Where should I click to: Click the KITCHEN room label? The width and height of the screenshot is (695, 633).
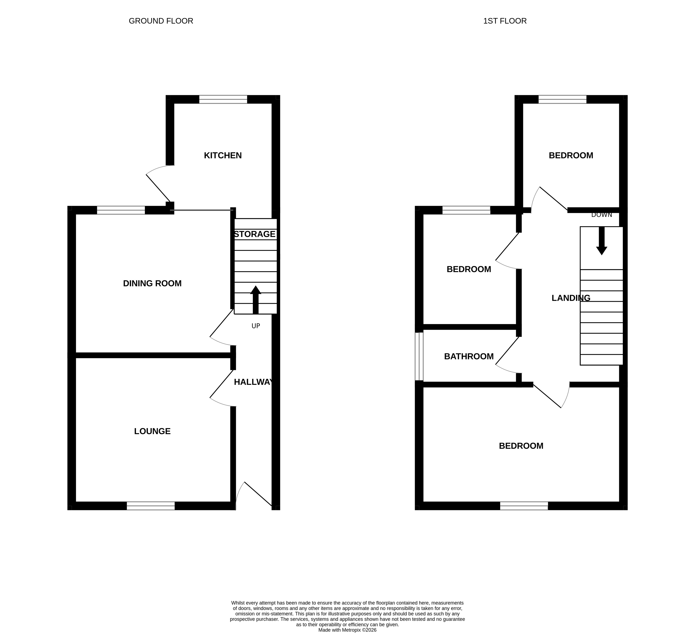click(223, 155)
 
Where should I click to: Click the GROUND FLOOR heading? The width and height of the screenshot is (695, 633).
click(161, 21)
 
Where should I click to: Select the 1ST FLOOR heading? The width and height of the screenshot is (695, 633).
click(505, 21)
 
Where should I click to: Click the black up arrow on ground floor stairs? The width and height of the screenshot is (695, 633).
click(255, 300)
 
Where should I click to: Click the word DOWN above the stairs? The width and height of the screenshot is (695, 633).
click(602, 215)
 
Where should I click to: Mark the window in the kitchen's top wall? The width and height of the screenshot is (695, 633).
click(223, 99)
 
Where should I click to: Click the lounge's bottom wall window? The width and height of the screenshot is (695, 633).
click(151, 506)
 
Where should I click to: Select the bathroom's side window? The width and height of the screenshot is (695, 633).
click(419, 356)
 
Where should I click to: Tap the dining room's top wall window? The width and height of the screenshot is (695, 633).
click(121, 210)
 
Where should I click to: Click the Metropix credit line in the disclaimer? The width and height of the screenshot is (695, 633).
click(347, 630)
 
